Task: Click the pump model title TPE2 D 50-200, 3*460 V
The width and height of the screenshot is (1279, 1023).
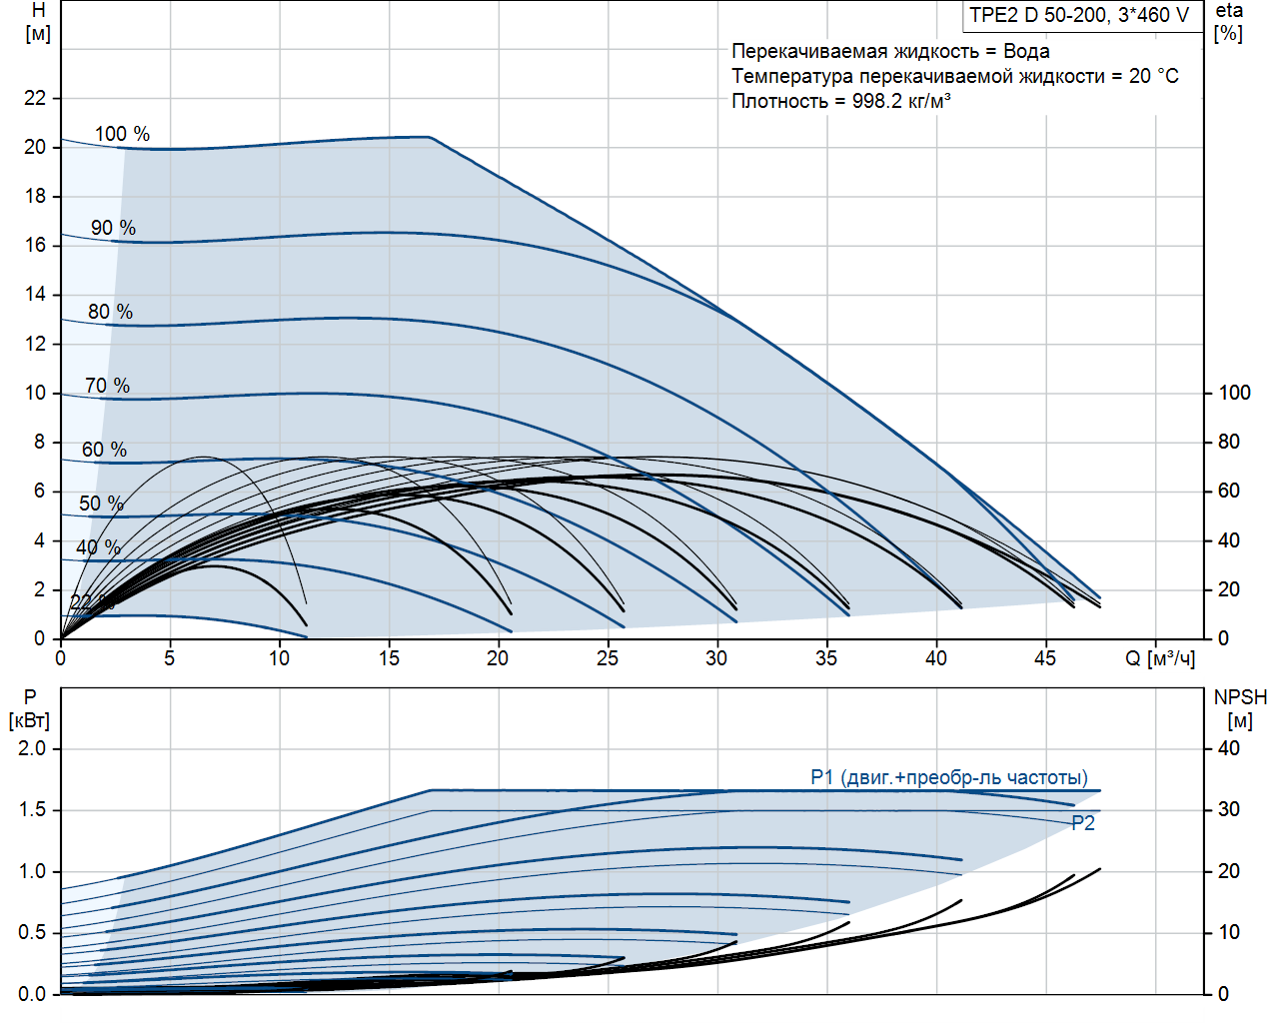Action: [x=1079, y=15]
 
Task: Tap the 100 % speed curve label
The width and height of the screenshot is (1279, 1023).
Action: [x=122, y=134]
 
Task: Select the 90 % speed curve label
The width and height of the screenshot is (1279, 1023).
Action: [x=113, y=228]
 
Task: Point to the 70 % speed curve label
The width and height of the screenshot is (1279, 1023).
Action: [x=107, y=386]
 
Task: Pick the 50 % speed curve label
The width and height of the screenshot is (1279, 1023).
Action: [x=101, y=504]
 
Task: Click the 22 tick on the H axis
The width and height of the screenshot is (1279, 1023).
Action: [x=35, y=98]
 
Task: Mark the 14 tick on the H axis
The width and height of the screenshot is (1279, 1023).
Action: [x=35, y=294]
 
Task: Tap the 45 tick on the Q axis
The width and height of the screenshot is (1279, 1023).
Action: [x=1045, y=658]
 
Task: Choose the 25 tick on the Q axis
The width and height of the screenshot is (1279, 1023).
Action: [x=608, y=658]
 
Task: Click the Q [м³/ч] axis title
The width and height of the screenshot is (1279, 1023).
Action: [x=1159, y=658]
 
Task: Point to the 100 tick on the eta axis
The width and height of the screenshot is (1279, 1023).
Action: [x=1234, y=393]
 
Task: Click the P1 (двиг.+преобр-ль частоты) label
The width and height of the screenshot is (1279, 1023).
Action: [x=948, y=777]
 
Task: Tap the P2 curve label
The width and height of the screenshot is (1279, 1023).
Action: [x=1083, y=823]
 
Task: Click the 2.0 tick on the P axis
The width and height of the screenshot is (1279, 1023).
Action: [x=32, y=748]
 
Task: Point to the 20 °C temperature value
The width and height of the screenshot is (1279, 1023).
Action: [x=1154, y=76]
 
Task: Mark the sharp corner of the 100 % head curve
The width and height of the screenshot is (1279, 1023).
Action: [x=430, y=137]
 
